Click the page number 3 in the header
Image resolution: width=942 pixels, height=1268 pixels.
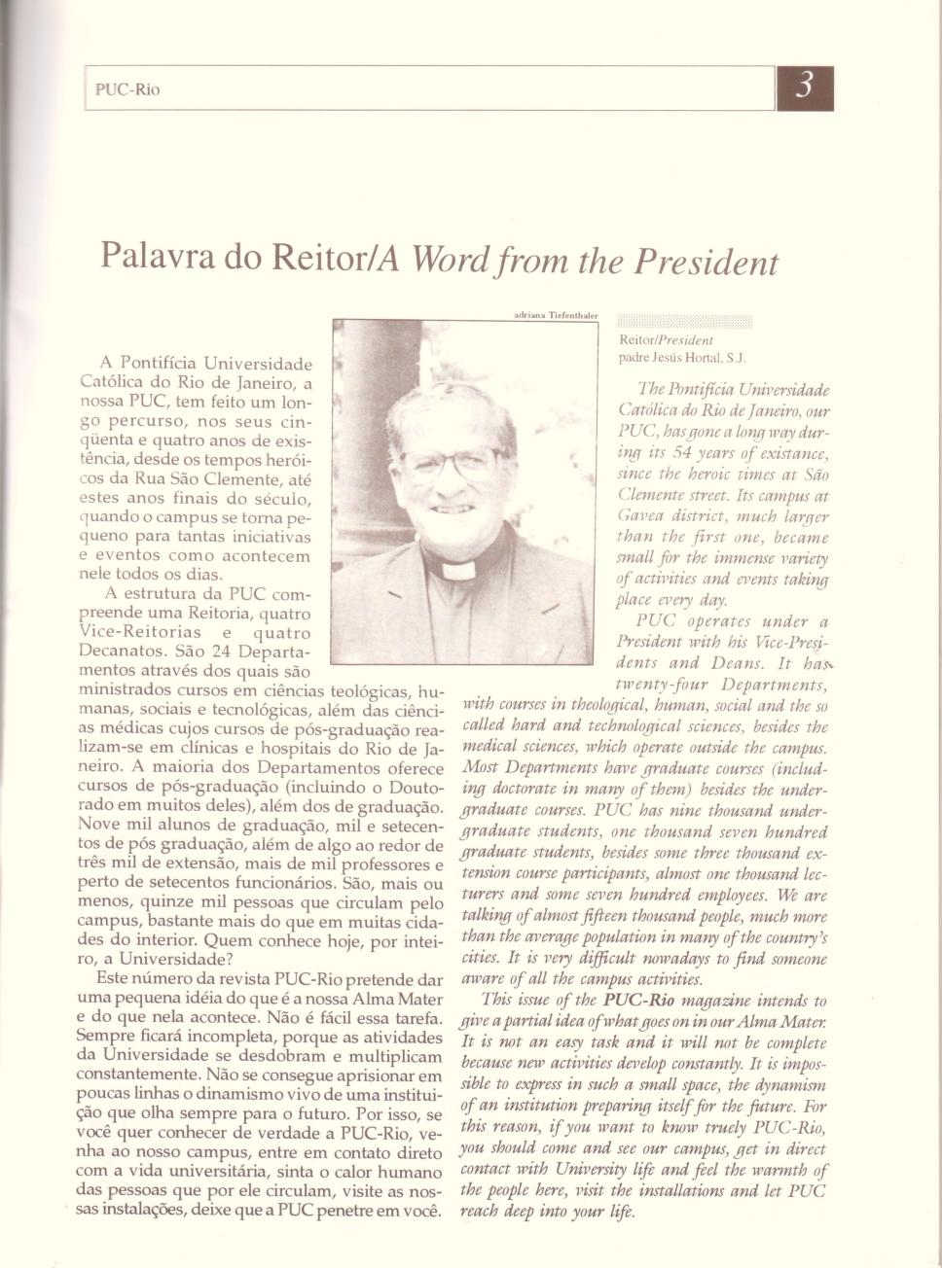(805, 88)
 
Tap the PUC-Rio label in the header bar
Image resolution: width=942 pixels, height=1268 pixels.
(127, 89)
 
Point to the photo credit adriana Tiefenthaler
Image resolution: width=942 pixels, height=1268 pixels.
(555, 315)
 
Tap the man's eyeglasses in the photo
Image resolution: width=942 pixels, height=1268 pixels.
(454, 462)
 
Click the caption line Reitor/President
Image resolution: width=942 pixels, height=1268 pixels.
(666, 340)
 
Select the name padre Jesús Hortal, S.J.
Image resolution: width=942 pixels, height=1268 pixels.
(682, 357)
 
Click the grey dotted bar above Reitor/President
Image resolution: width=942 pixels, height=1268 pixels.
(685, 322)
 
